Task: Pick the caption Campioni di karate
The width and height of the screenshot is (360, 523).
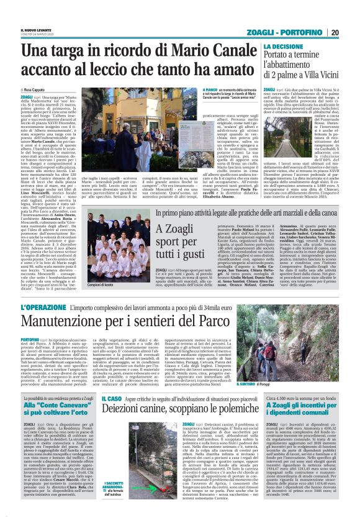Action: tap(101, 284)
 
